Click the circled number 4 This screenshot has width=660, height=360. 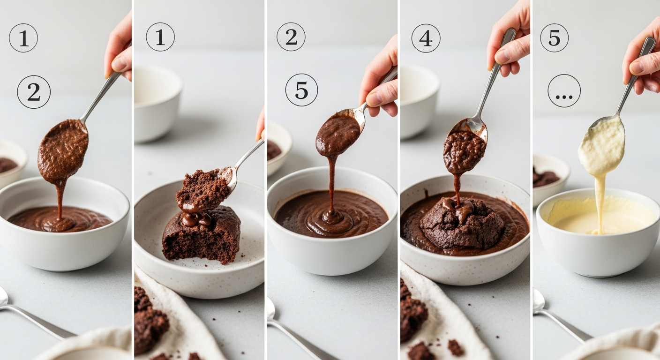point(426,38)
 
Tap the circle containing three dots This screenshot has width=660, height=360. point(564,91)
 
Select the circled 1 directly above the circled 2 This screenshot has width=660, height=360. point(23,38)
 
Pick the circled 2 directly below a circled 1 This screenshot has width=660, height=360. point(34,92)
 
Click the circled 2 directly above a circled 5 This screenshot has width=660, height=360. point(291,37)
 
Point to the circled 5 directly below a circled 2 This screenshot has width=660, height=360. point(301,90)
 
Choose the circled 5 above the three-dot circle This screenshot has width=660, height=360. point(554,37)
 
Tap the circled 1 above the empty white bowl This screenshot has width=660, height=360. point(160,37)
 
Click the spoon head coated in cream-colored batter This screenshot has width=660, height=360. point(602,145)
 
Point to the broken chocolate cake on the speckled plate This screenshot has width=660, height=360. point(201,235)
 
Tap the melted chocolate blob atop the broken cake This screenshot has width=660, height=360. point(196,218)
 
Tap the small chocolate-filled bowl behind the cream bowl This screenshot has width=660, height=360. point(550,180)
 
